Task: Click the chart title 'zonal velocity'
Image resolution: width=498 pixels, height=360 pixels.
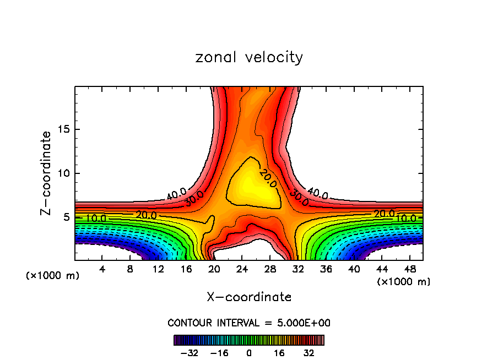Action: pyautogui.click(x=249, y=57)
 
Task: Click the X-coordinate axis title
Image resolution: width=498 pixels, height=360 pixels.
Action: pyautogui.click(x=249, y=297)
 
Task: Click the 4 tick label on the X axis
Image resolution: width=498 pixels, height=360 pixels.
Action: pyautogui.click(x=102, y=269)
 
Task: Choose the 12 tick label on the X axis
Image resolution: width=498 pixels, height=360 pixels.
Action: pyautogui.click(x=158, y=269)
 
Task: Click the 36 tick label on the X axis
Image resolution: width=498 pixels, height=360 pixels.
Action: pyautogui.click(x=326, y=269)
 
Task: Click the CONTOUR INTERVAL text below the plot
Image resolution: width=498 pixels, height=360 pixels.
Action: pyautogui.click(x=249, y=323)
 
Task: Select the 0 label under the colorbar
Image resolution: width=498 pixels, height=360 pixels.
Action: pyautogui.click(x=249, y=352)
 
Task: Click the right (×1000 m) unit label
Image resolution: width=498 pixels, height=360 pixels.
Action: pyautogui.click(x=404, y=282)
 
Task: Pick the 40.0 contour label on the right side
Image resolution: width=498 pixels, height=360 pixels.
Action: pyautogui.click(x=318, y=194)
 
